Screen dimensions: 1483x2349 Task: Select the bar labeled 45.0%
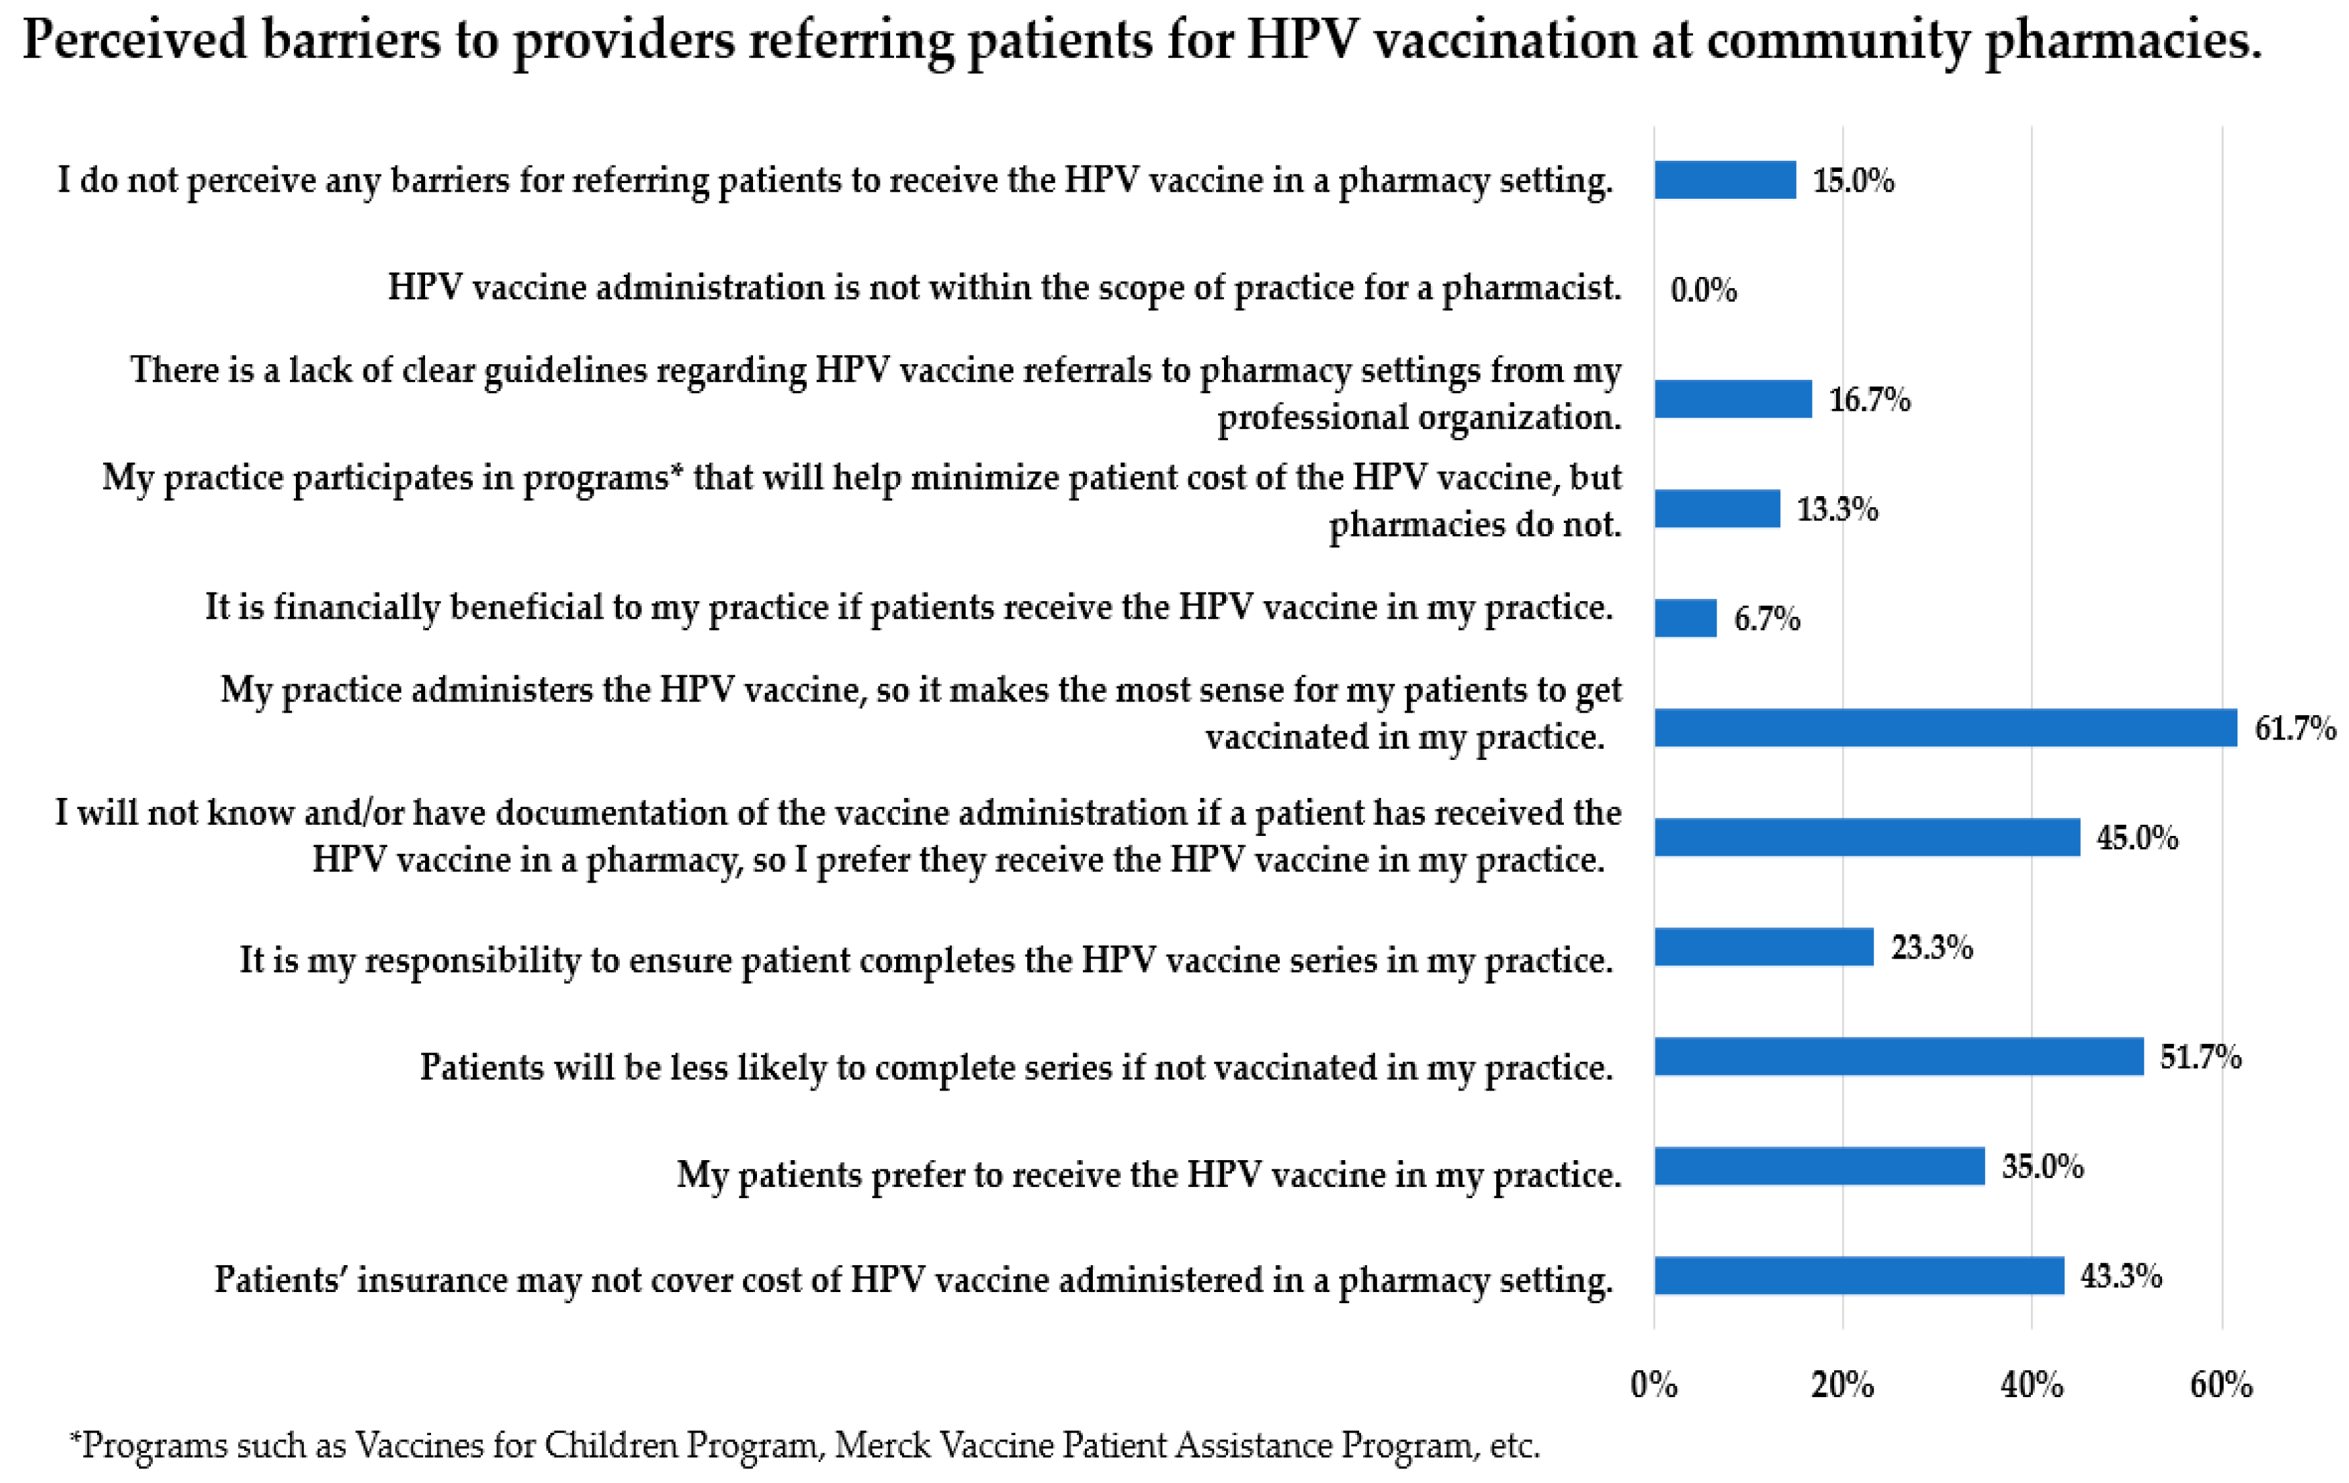[x=1866, y=837]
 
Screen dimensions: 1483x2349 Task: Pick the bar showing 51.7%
[x=1898, y=1056]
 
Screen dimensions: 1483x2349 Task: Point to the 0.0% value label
[x=1704, y=290]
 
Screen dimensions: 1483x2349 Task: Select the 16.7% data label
[x=1868, y=399]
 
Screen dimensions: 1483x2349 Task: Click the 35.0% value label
[x=2042, y=1166]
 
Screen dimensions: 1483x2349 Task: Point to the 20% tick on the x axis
[x=1842, y=1385]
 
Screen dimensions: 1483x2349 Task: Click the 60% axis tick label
[x=2221, y=1385]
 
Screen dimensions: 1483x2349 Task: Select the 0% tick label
[x=1654, y=1385]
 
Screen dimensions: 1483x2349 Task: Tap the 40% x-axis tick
[x=2032, y=1385]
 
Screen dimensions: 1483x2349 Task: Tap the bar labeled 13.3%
[x=1716, y=509]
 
